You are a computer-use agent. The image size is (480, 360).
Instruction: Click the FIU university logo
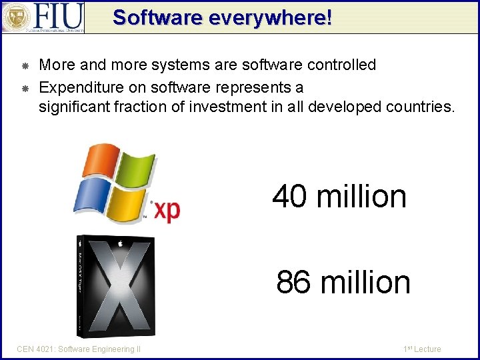click(x=43, y=17)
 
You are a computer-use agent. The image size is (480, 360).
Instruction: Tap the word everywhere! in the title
click(x=270, y=17)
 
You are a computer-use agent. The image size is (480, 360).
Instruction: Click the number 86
click(x=294, y=282)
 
